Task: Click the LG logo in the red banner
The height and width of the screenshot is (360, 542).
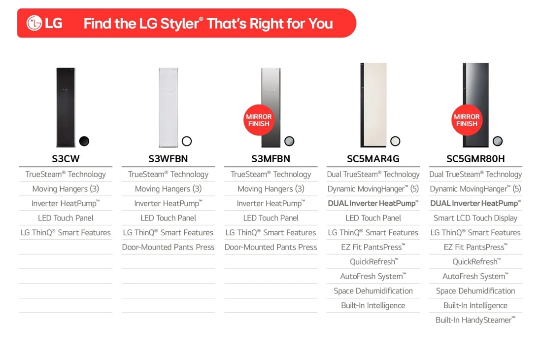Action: click(x=44, y=23)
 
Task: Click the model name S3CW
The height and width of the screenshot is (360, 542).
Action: click(x=66, y=159)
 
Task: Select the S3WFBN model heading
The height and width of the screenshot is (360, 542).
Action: click(x=168, y=159)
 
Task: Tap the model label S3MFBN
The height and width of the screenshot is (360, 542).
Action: click(x=271, y=159)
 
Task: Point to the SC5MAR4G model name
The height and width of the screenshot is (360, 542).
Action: click(x=373, y=159)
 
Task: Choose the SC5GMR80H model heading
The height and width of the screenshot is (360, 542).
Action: click(x=475, y=159)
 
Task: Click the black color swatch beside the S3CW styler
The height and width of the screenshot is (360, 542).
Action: click(x=84, y=141)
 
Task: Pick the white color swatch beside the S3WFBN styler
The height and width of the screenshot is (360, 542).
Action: click(x=186, y=141)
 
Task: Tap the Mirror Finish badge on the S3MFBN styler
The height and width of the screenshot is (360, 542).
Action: click(x=259, y=120)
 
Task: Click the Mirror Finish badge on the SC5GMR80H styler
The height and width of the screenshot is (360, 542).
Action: click(x=467, y=120)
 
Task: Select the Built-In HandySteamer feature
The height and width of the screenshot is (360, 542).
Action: click(x=475, y=320)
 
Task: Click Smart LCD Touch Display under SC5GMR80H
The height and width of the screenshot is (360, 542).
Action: click(x=475, y=218)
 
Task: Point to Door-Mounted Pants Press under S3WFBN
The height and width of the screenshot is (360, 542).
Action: click(x=168, y=247)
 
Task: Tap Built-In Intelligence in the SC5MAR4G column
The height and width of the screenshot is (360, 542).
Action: click(x=373, y=305)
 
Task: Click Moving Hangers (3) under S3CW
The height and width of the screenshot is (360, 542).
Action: click(x=66, y=189)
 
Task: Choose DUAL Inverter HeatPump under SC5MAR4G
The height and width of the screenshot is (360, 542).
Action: click(x=373, y=203)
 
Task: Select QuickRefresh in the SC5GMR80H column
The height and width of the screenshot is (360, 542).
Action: click(x=475, y=262)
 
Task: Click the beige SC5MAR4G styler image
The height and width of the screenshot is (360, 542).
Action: click(x=373, y=105)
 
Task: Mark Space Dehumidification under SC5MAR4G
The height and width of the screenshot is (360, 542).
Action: click(x=373, y=291)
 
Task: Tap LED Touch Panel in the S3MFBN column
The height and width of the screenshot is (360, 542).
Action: click(x=271, y=218)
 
